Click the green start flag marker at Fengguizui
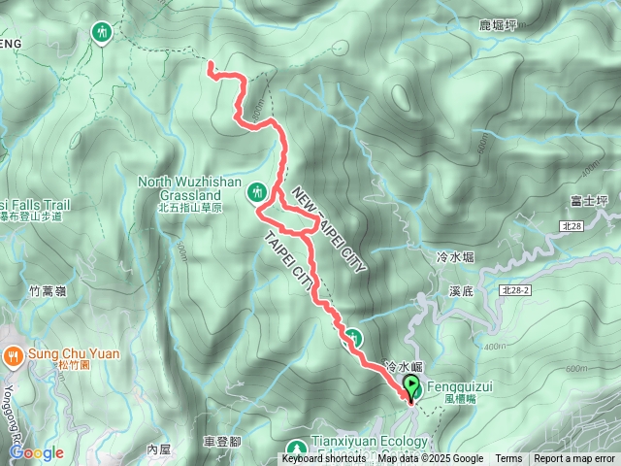click(x=411, y=384)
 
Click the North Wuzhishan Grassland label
click(x=181, y=187)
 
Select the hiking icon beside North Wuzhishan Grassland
click(x=257, y=191)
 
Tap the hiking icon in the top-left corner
click(x=102, y=32)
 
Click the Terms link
click(x=508, y=459)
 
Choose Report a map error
click(x=574, y=459)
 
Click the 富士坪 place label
click(x=589, y=201)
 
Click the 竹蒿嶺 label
click(x=49, y=290)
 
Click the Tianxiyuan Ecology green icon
click(x=297, y=448)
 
